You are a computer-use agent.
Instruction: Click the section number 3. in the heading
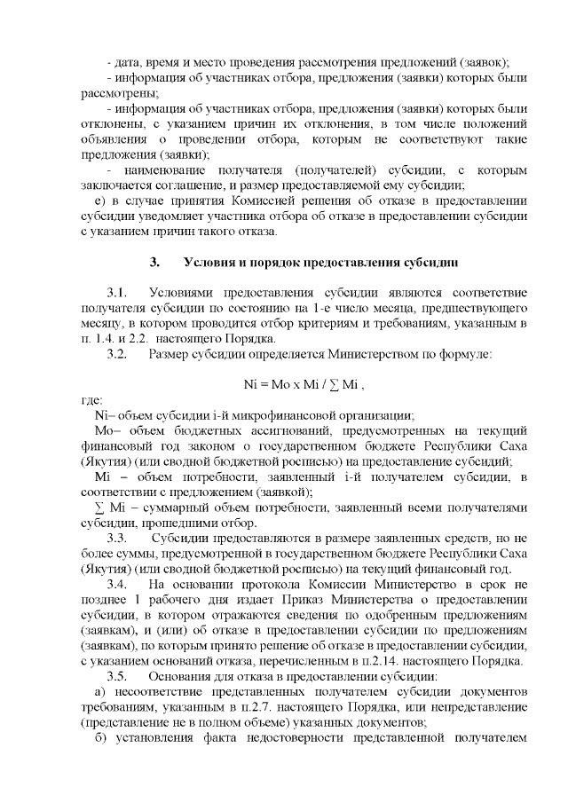click(154, 264)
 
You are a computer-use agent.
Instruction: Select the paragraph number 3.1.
click(118, 292)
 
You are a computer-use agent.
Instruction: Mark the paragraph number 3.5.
click(118, 675)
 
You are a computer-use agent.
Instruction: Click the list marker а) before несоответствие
click(100, 691)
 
